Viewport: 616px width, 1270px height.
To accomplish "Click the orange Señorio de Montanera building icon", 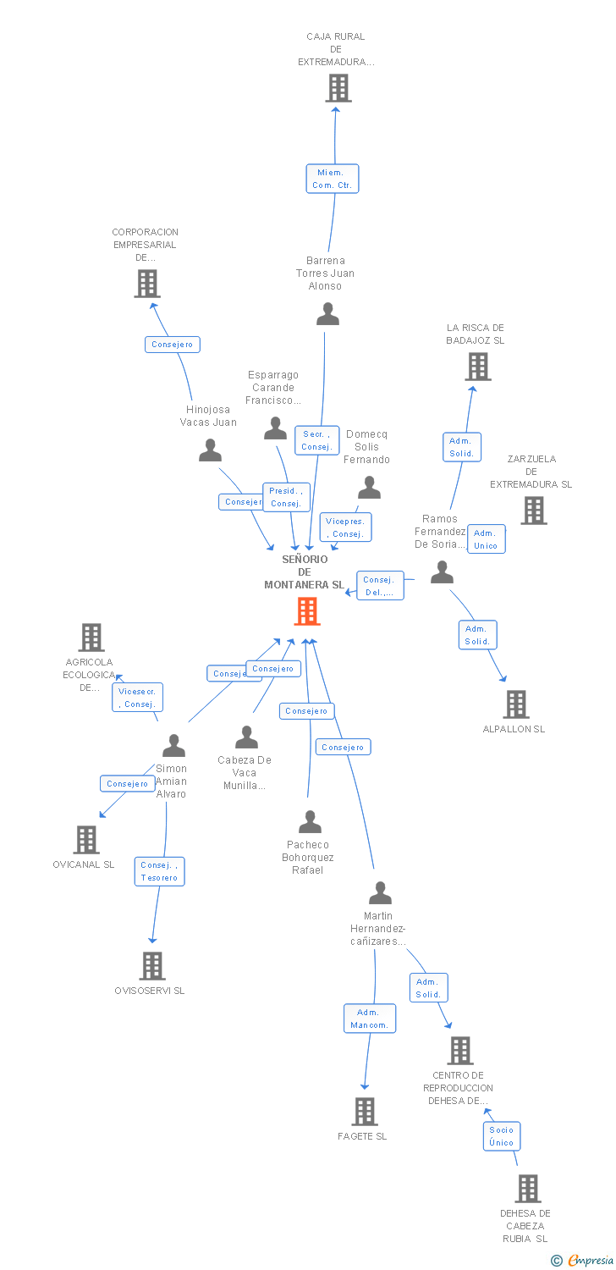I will click(x=307, y=610).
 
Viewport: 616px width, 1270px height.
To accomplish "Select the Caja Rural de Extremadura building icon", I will click(x=338, y=88).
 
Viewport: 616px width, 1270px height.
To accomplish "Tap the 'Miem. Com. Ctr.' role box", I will click(x=332, y=179).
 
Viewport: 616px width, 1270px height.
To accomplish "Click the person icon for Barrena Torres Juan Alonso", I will click(x=327, y=314).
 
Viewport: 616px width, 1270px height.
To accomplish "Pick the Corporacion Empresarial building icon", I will click(x=146, y=284).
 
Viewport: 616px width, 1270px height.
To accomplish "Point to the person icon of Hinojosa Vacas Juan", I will click(x=210, y=450).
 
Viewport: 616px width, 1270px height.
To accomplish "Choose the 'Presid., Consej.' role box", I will click(x=285, y=497).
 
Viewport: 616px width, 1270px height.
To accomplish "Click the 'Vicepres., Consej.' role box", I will click(x=345, y=527).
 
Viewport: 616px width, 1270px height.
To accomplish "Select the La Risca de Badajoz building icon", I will click(x=477, y=367).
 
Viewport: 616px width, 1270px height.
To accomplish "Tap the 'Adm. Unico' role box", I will click(x=486, y=539).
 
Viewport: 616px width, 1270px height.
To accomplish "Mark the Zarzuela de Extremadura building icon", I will click(x=533, y=511).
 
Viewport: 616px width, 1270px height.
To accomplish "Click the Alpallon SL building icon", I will click(x=515, y=704).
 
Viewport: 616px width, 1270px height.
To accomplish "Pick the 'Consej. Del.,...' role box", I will click(x=379, y=586).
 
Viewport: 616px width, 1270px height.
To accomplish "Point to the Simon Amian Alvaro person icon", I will click(x=173, y=746).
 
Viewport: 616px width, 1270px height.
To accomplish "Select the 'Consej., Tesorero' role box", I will click(x=159, y=871).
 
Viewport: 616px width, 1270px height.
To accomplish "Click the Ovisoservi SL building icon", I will click(x=151, y=965).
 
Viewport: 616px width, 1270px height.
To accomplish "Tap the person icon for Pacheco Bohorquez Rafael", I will click(x=310, y=822).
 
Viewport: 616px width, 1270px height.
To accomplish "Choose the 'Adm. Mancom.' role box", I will click(x=369, y=1019).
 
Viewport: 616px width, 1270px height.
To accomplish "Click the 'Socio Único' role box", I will click(x=501, y=1136).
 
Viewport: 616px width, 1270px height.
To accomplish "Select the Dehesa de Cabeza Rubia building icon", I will click(x=527, y=1188).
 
